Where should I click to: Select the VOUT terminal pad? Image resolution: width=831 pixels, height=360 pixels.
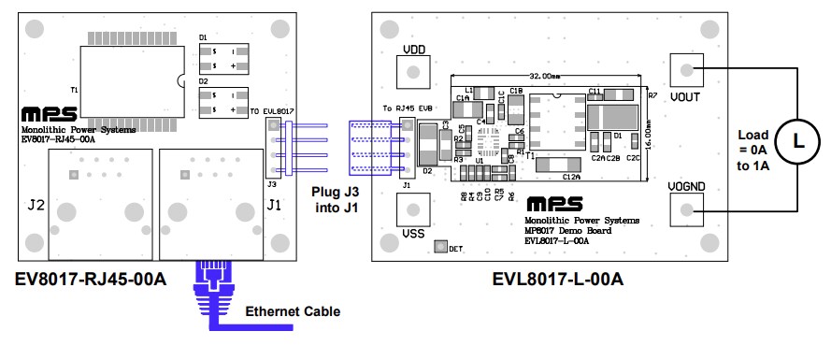(x=687, y=70)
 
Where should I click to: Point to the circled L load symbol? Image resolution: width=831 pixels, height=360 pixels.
(x=797, y=141)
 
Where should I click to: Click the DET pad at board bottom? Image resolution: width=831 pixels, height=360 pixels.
(x=441, y=248)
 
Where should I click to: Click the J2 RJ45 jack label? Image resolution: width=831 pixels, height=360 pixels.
(x=36, y=203)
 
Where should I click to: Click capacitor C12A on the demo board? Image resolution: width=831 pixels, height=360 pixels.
(x=571, y=168)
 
